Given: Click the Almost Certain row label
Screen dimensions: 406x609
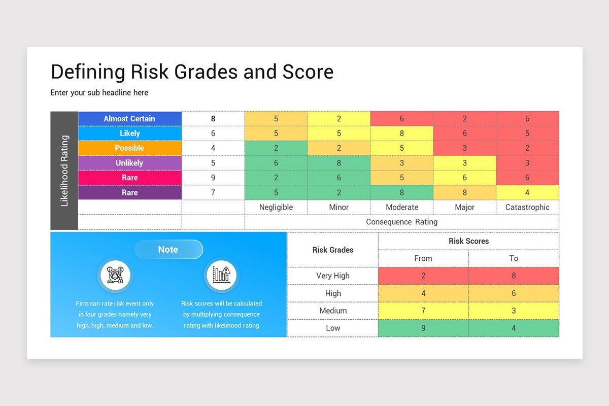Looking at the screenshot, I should (x=129, y=119).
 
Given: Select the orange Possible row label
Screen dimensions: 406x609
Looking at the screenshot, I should (x=129, y=148).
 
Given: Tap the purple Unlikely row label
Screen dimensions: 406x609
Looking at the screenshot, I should (x=129, y=163).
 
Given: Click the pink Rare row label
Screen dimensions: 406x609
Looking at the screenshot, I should (x=129, y=178).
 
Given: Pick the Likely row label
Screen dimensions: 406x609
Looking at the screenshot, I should (x=129, y=133).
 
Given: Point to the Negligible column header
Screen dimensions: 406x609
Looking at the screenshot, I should (x=276, y=207).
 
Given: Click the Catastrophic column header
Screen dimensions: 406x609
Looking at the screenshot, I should (x=527, y=207).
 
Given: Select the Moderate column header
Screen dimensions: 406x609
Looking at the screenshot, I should (x=402, y=207).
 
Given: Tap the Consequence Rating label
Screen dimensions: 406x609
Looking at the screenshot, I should (x=401, y=222).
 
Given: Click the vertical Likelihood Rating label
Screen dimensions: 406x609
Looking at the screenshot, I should (x=64, y=171).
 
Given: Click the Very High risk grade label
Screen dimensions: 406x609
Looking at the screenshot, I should (x=333, y=276).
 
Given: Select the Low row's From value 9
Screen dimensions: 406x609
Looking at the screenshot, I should (x=423, y=328).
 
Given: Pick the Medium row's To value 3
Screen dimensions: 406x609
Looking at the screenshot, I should (x=514, y=311).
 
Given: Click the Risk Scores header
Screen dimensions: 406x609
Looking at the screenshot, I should (x=468, y=241).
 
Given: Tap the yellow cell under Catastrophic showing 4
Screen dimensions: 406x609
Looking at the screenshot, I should (x=527, y=192).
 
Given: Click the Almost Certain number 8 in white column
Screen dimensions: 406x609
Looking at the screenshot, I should (x=213, y=119).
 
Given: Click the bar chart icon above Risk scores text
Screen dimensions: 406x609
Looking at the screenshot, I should (x=221, y=276).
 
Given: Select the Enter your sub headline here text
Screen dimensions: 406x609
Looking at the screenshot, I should (x=99, y=93).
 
